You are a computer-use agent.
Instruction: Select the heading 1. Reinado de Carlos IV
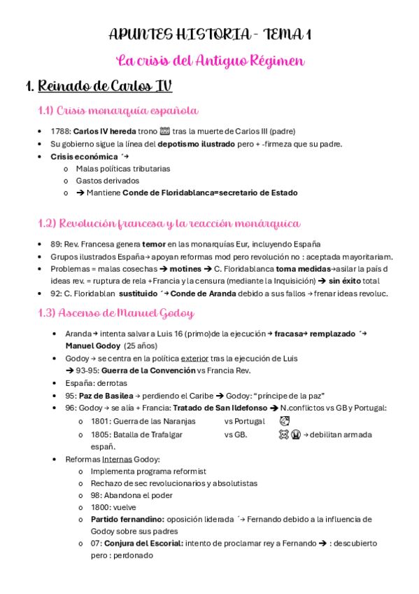click(99, 87)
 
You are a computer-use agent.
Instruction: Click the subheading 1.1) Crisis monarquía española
click(118, 111)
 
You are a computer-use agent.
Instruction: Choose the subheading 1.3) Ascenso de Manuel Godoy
click(116, 313)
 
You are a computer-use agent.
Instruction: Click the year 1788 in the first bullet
click(60, 131)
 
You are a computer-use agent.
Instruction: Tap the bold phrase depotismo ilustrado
click(194, 144)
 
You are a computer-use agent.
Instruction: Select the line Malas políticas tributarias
click(122, 168)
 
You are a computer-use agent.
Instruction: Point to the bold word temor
click(154, 244)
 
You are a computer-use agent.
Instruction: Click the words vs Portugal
click(244, 421)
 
